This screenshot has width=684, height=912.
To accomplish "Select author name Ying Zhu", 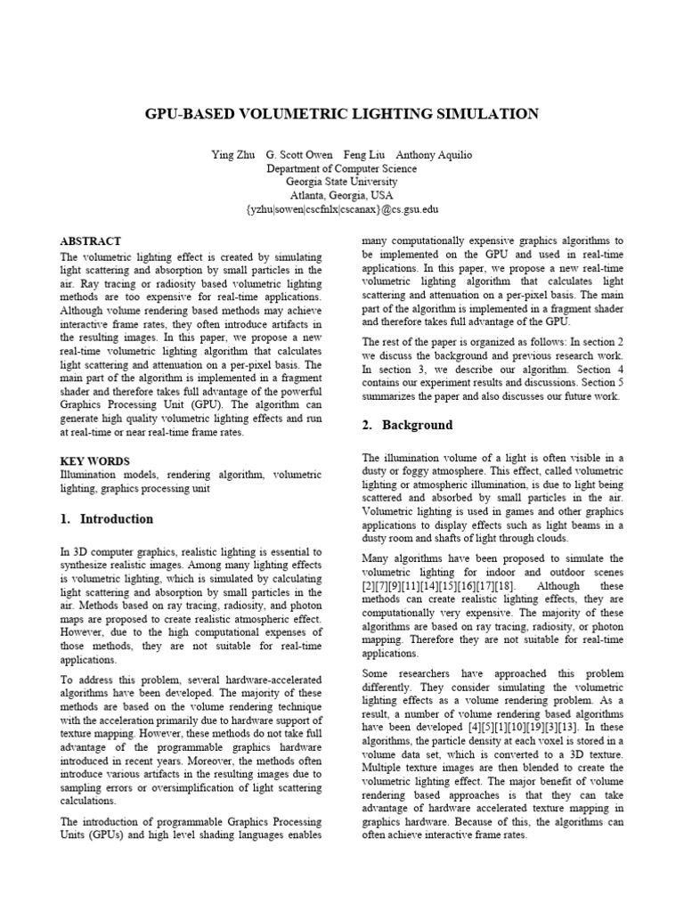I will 232,155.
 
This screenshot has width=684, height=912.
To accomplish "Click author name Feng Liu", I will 362,155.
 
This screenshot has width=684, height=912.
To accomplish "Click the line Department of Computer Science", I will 342,168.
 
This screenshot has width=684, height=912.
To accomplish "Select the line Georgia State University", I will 342,182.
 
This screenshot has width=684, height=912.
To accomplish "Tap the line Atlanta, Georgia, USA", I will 342,195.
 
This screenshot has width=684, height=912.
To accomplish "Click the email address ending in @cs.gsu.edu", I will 342,209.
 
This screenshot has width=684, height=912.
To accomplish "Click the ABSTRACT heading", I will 90,241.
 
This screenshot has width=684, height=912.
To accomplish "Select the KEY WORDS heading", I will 94,461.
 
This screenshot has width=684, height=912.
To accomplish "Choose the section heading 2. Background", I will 407,426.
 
